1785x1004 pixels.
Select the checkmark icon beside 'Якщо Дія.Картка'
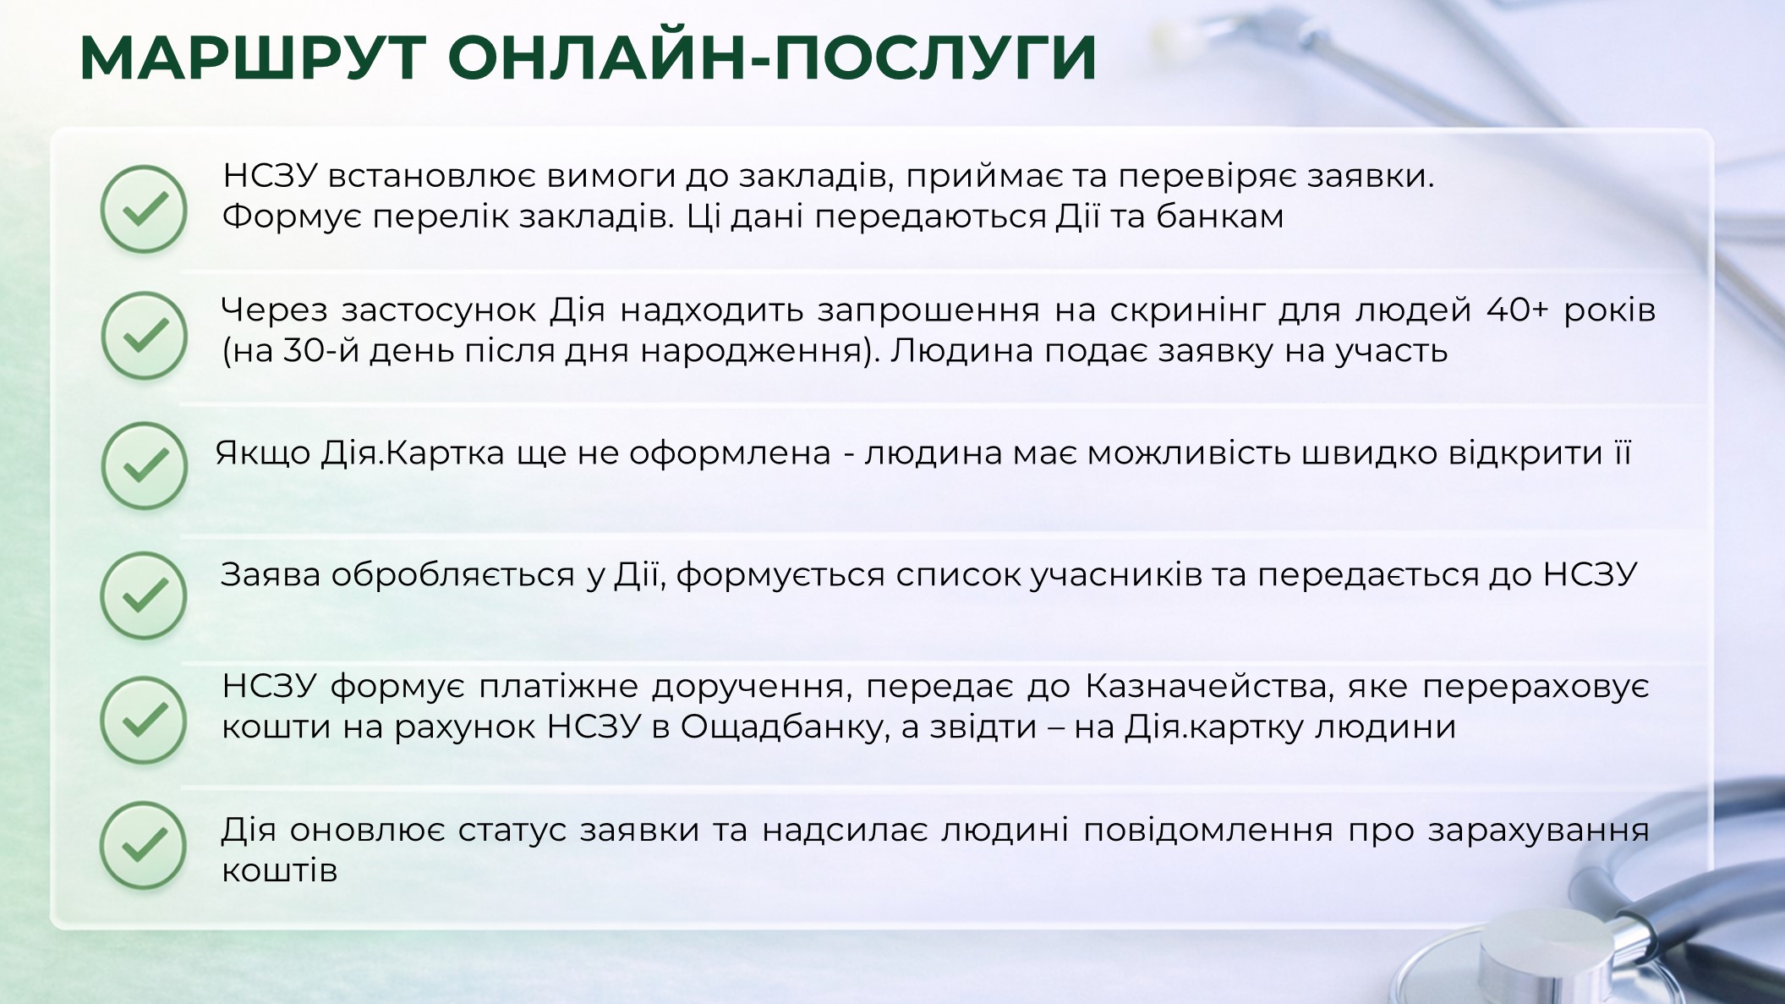point(144,465)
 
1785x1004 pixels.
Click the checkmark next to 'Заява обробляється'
point(144,595)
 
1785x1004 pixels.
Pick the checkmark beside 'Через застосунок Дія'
point(144,335)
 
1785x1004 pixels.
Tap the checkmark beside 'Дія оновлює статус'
point(144,845)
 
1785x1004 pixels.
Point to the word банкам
point(1219,217)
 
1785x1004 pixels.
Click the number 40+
point(1518,310)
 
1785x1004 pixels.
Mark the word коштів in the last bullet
point(280,870)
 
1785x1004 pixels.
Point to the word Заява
point(270,575)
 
